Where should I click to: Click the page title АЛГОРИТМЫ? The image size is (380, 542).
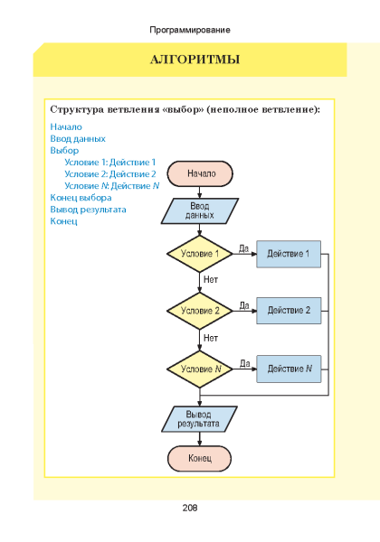click(x=195, y=60)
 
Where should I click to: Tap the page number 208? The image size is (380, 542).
click(x=190, y=508)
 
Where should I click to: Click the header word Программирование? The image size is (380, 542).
click(x=190, y=30)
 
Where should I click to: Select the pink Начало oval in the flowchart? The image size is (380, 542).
click(x=200, y=173)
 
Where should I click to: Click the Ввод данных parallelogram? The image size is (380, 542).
click(x=200, y=210)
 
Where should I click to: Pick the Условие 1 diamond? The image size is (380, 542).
click(x=200, y=254)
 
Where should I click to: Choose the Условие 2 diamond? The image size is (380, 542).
click(x=200, y=311)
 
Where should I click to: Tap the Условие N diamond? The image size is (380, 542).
click(x=200, y=369)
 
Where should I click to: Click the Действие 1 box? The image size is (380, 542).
click(x=289, y=254)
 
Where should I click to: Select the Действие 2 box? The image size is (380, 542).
click(x=289, y=311)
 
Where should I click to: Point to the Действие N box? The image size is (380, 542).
click(x=289, y=369)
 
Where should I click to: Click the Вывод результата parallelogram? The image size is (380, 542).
click(x=199, y=419)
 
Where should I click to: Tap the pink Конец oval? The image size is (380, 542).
click(x=200, y=458)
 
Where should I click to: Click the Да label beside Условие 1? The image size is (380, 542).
click(x=244, y=248)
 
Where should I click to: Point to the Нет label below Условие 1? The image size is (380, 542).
click(x=211, y=279)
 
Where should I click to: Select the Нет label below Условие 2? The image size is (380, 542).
click(x=211, y=338)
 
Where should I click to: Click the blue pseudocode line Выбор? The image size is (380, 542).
click(x=64, y=151)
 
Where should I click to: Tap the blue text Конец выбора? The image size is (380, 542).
click(x=81, y=198)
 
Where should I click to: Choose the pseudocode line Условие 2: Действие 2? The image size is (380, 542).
click(x=110, y=173)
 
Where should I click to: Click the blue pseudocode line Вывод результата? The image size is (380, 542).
click(x=89, y=210)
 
